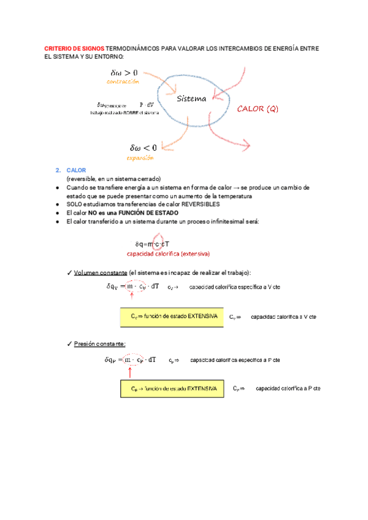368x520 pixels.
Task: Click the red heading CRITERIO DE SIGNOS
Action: tap(75, 48)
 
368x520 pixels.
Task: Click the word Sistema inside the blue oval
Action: tap(191, 99)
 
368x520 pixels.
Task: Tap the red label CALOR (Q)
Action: tap(258, 109)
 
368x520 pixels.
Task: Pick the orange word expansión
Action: tap(140, 158)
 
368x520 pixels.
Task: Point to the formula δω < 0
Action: tap(144, 147)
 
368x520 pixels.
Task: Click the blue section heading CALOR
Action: tap(76, 170)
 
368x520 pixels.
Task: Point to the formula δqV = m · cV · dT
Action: tap(132, 286)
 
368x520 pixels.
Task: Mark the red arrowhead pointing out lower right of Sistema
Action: tap(247, 145)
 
